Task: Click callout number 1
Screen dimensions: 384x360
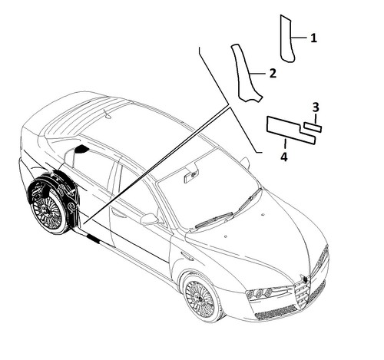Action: pyautogui.click(x=313, y=38)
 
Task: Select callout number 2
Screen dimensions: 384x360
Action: pyautogui.click(x=273, y=74)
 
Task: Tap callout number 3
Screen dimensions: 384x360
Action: pyautogui.click(x=316, y=107)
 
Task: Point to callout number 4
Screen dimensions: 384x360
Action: pyautogui.click(x=284, y=157)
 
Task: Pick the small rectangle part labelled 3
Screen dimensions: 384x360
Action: pyautogui.click(x=313, y=127)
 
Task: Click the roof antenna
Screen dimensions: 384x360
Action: pyautogui.click(x=108, y=114)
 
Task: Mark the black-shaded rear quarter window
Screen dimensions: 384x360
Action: pyautogui.click(x=81, y=149)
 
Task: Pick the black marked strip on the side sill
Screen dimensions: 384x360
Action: pyautogui.click(x=93, y=239)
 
